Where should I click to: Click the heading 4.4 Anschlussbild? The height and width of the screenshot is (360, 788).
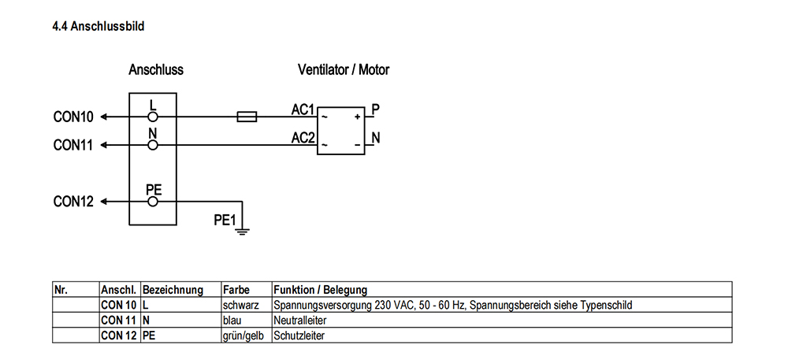pos(98,26)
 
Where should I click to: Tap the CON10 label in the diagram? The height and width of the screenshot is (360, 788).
pos(73,117)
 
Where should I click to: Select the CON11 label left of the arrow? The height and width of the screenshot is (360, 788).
pos(73,145)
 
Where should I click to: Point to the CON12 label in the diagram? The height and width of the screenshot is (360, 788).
pos(73,202)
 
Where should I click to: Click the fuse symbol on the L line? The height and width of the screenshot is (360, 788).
pos(247,117)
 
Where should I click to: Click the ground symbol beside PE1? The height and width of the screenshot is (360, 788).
pos(243,232)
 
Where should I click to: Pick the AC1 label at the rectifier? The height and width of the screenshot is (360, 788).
pos(303,109)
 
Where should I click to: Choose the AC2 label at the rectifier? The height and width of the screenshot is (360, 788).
pos(303,138)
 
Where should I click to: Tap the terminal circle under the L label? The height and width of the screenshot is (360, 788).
pos(153,117)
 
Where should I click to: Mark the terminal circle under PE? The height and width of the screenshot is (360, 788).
pos(153,202)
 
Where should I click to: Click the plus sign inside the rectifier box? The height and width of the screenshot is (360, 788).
pos(357,117)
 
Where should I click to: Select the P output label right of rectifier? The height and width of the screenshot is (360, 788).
pos(375,109)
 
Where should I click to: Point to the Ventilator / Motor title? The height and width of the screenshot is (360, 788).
pos(344,69)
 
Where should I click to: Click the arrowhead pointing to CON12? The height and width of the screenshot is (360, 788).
pos(103,202)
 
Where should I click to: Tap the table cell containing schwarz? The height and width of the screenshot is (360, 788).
pos(247,305)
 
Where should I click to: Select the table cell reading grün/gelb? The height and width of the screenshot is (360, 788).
pos(247,336)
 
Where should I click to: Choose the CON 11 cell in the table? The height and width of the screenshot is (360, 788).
pos(120,321)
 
